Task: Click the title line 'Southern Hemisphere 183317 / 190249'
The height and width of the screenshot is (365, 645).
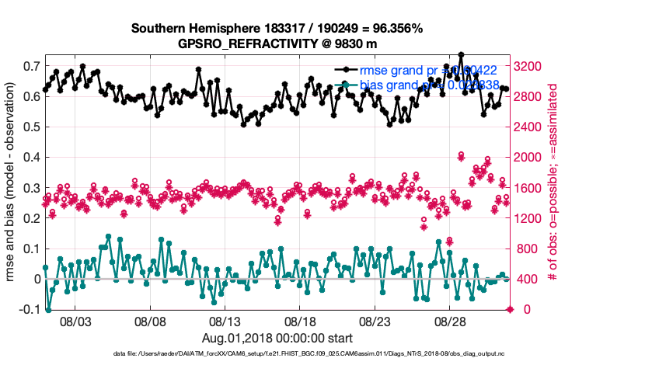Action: (x=277, y=29)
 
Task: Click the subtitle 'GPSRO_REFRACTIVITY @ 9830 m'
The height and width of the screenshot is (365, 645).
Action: (x=277, y=43)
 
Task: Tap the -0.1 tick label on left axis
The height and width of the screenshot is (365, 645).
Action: (x=28, y=309)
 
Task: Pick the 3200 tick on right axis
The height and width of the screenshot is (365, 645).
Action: (x=532, y=66)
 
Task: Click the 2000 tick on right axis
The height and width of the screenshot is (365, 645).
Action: (x=532, y=158)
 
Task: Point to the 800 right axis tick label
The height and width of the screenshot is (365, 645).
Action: (x=529, y=249)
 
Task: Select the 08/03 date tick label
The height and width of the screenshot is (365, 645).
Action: (x=77, y=322)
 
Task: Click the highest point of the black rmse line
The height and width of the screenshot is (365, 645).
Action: (x=461, y=54)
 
